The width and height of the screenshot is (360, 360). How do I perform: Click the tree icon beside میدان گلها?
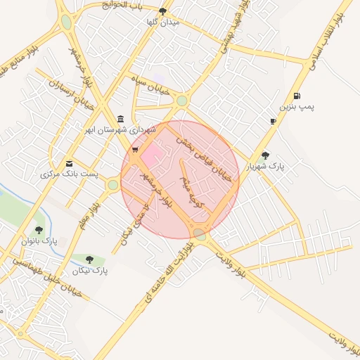pos(163,11)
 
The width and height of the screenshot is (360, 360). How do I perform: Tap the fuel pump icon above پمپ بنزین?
pos(297,96)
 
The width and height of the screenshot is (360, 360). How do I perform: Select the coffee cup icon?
pos(273,122)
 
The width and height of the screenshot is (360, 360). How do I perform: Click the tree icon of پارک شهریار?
pos(265,155)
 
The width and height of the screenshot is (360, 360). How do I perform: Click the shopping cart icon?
pos(135,150)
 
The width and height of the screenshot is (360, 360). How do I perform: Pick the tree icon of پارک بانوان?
pos(39,229)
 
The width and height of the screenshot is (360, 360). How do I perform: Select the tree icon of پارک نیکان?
pos(89,259)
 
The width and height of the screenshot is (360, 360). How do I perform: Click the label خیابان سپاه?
pos(149,79)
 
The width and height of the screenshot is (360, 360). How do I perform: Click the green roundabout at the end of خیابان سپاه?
pos(182,101)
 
